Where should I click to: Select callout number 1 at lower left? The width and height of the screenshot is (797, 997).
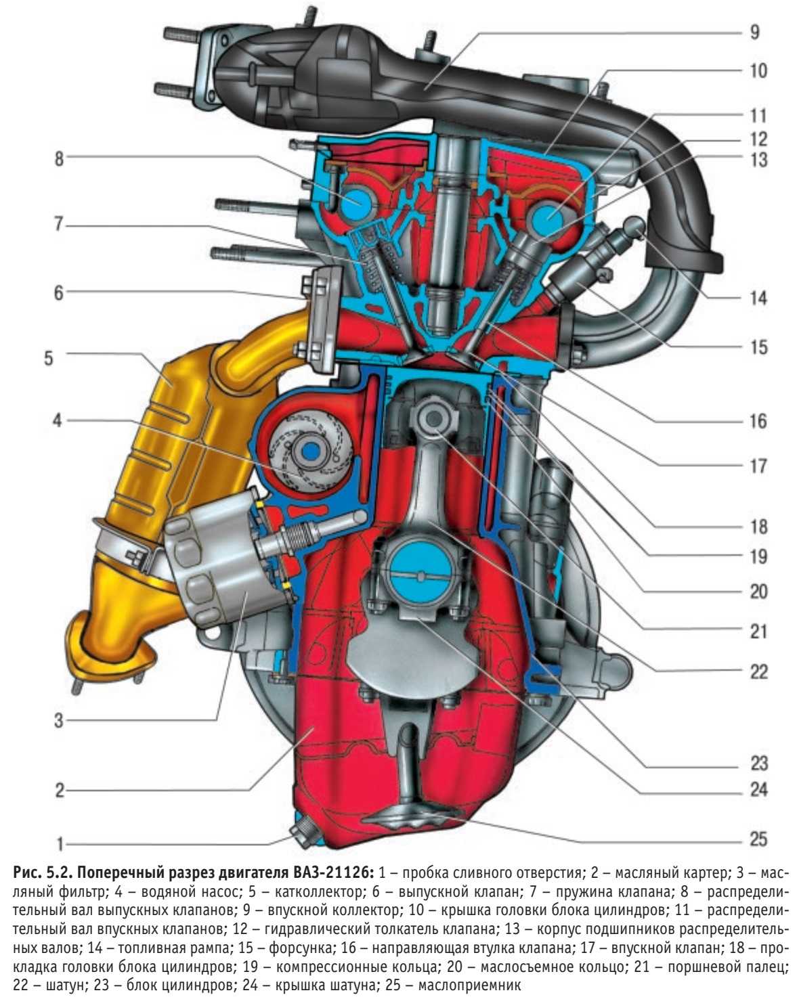coord(60,844)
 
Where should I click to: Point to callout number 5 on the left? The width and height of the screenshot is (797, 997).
coord(49,357)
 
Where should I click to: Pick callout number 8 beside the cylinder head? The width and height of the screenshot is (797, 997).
coord(60,158)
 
